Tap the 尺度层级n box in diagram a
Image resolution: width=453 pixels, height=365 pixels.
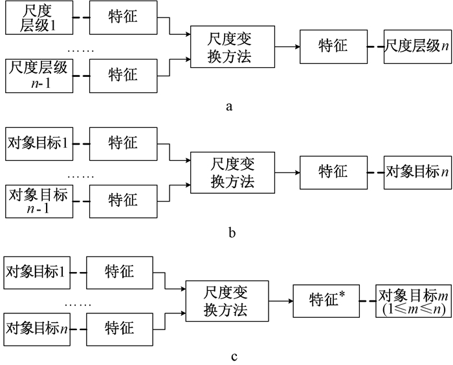coord(416,46)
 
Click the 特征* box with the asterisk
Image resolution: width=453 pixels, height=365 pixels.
coord(324,300)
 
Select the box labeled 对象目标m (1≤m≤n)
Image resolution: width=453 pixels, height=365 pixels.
coord(414,300)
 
